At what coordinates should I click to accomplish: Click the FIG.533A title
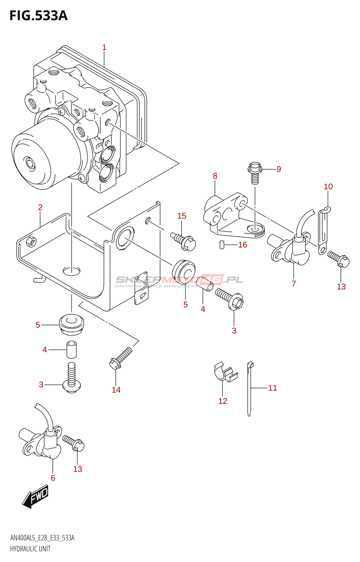38,16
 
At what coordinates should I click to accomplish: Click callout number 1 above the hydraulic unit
104,47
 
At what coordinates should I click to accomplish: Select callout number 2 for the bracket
40,208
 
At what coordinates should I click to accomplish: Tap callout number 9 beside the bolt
278,169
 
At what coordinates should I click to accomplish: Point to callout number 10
328,187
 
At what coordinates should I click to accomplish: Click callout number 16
243,245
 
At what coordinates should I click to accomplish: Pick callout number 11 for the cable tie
272,388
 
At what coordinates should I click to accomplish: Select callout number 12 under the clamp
223,401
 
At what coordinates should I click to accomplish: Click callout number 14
116,390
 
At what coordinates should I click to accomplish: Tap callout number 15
181,216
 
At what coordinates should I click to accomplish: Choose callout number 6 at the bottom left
53,478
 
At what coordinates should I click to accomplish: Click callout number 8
215,176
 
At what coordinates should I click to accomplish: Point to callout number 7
294,283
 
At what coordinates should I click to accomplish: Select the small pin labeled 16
222,244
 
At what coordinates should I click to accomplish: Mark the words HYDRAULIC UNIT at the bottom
30,549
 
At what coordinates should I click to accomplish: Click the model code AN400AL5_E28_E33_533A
42,538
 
